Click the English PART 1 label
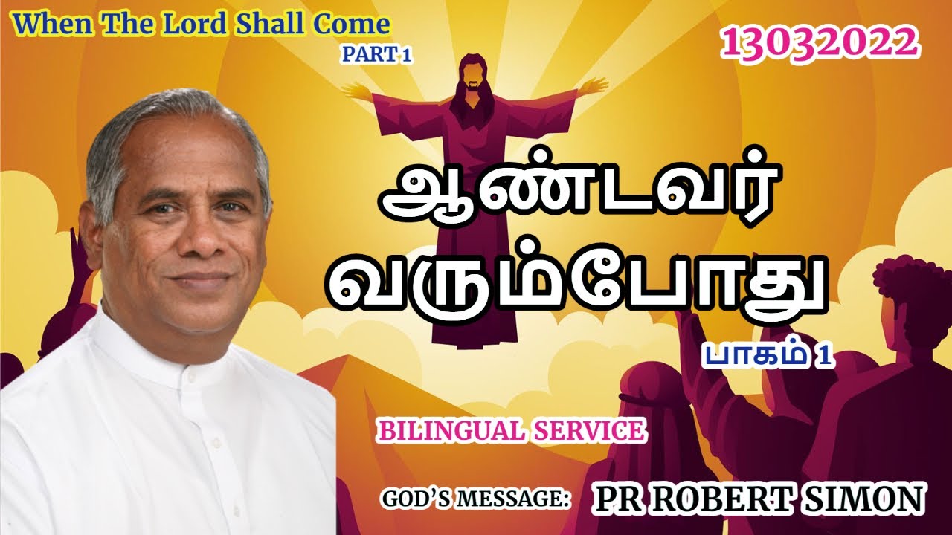[376, 53]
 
